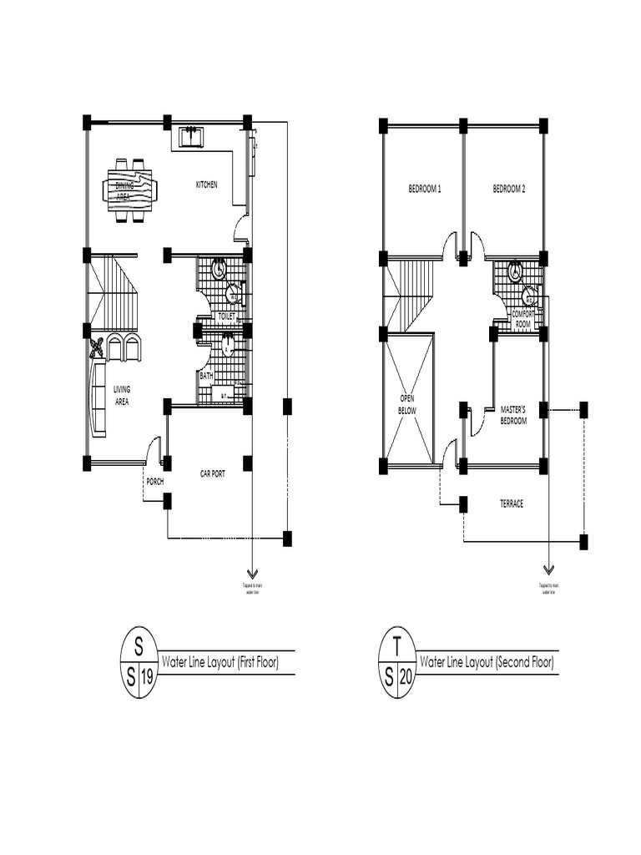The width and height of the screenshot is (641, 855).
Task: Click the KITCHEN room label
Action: point(206,185)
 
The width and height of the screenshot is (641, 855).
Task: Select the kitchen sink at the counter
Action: point(191,136)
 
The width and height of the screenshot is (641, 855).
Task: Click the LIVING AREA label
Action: point(122,395)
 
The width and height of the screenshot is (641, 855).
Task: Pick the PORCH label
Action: point(155,481)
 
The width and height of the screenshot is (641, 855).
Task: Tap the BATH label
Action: point(206,376)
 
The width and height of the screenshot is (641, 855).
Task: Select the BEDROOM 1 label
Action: point(424,190)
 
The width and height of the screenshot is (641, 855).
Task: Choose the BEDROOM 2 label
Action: point(509,190)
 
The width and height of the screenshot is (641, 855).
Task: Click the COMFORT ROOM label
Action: point(522,318)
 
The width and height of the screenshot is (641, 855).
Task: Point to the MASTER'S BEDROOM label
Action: point(513,415)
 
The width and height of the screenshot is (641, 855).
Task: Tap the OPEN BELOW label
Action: point(407,404)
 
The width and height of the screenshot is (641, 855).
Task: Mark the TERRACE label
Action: point(511,504)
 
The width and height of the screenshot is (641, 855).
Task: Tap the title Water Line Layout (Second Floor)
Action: point(486,663)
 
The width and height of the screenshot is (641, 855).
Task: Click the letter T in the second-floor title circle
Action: point(397,645)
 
